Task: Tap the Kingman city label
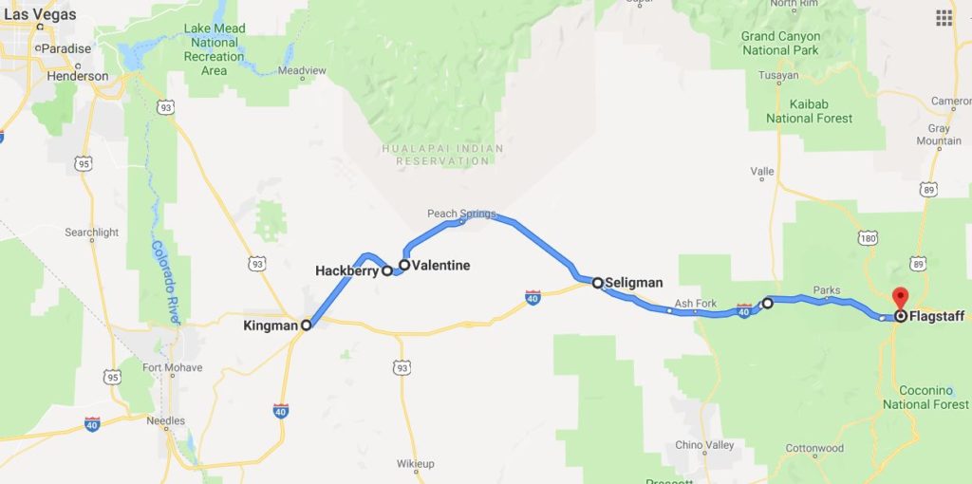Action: click(x=270, y=326)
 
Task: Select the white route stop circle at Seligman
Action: click(x=597, y=282)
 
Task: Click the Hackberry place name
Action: click(x=347, y=270)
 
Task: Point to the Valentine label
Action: click(x=440, y=266)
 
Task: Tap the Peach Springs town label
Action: click(x=461, y=214)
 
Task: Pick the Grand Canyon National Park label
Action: click(x=780, y=44)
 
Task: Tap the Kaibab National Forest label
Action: click(x=809, y=111)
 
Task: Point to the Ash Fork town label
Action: click(x=695, y=304)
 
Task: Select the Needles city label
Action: click(x=165, y=419)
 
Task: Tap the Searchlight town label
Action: click(x=92, y=233)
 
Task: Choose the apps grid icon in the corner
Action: click(x=944, y=17)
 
